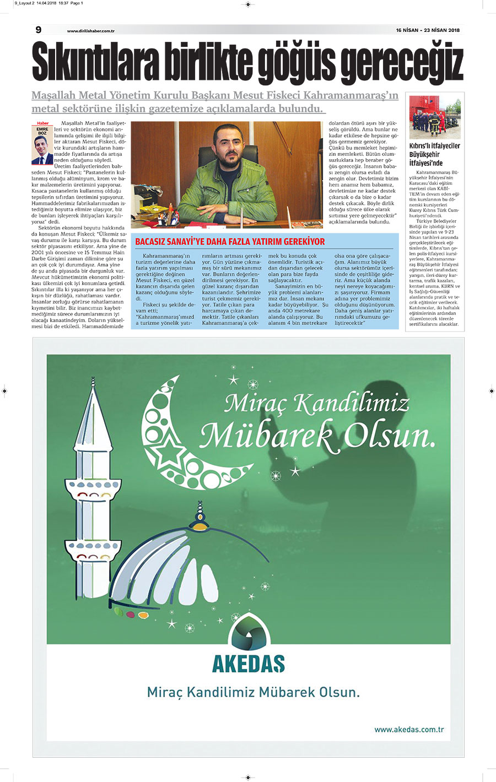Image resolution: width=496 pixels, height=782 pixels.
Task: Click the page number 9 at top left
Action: click(x=38, y=30)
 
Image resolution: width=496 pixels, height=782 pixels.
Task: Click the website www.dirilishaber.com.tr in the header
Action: click(x=90, y=31)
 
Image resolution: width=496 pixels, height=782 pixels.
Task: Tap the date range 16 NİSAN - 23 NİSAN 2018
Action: click(x=428, y=30)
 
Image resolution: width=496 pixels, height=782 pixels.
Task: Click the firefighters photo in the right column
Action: click(x=435, y=117)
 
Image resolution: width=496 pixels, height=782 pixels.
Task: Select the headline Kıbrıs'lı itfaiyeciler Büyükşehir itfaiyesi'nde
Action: click(x=434, y=154)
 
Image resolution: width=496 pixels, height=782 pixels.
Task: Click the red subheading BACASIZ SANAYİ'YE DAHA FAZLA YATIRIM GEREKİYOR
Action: click(x=230, y=241)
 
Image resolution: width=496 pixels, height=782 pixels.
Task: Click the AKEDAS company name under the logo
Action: click(x=249, y=664)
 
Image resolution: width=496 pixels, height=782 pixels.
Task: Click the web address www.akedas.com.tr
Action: click(x=409, y=730)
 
